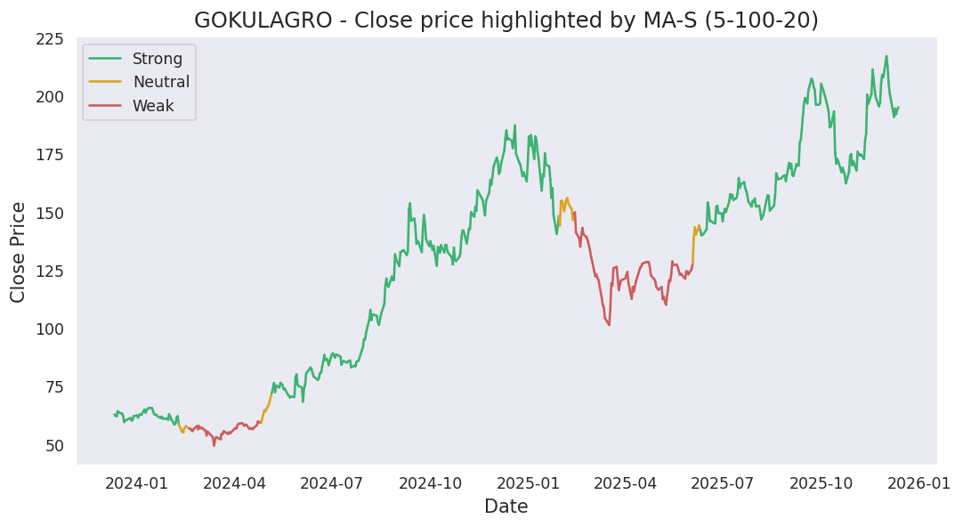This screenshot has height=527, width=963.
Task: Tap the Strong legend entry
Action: coord(157,60)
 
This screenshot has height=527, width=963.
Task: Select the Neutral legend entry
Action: coord(160,83)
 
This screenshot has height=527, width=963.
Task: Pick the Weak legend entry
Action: coord(153,106)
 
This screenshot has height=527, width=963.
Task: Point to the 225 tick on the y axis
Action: coord(49,39)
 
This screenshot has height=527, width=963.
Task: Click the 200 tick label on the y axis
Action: coord(49,97)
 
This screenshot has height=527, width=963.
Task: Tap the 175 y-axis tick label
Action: coord(49,155)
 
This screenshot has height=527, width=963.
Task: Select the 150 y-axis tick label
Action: coord(49,214)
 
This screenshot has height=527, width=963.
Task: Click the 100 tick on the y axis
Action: coord(49,329)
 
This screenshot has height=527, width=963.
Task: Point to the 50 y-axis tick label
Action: coord(54,446)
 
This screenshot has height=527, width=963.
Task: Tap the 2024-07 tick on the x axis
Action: coord(331,483)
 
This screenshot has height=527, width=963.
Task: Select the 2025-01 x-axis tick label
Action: coord(526,483)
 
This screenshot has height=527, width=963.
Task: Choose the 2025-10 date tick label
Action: coord(818,483)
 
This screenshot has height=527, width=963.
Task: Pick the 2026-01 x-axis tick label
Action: coord(916,483)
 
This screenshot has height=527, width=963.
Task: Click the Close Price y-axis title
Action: coord(19,252)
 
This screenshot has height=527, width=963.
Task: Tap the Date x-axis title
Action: coord(506,507)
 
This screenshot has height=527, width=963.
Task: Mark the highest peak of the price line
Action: coord(886,56)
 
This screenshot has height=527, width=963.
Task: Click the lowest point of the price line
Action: coord(214,445)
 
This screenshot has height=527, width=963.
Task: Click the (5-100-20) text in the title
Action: coord(762,20)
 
